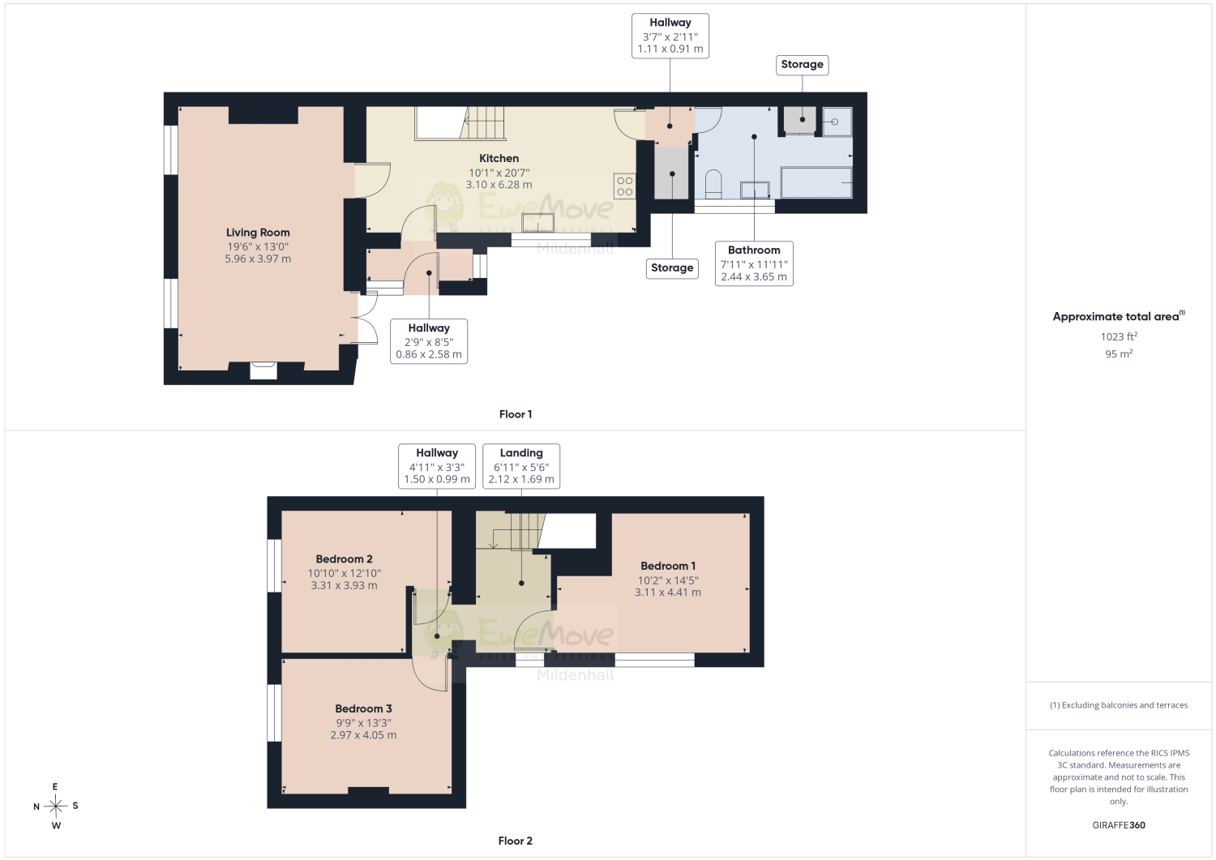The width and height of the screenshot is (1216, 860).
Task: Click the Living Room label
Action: (258, 233)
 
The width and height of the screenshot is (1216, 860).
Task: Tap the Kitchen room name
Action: (499, 158)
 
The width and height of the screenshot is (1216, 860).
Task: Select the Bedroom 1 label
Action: (668, 566)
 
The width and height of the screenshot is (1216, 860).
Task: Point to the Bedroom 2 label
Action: (345, 558)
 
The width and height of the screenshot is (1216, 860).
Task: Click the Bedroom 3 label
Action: (363, 708)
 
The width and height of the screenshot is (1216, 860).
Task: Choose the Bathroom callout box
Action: (754, 263)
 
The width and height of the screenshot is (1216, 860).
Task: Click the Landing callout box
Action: (521, 466)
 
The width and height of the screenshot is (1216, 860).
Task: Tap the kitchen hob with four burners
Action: (625, 186)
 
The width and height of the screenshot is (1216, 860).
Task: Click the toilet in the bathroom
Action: (713, 184)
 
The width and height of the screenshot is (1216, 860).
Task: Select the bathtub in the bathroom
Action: (816, 182)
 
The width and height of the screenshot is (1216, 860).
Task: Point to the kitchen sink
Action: (538, 223)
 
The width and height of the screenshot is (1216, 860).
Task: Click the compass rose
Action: (56, 807)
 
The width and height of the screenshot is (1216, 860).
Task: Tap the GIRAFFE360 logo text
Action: (1119, 825)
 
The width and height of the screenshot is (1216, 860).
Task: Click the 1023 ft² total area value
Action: (1119, 336)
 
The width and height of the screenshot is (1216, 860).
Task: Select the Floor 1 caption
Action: (515, 414)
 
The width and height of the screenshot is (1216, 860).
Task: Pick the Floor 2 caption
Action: (515, 841)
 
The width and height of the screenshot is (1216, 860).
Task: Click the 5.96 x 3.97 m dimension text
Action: (258, 259)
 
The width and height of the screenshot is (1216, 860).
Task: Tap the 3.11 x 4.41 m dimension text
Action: (668, 593)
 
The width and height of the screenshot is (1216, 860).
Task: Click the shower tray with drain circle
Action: (837, 122)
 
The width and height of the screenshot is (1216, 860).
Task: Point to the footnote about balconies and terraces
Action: (1119, 705)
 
